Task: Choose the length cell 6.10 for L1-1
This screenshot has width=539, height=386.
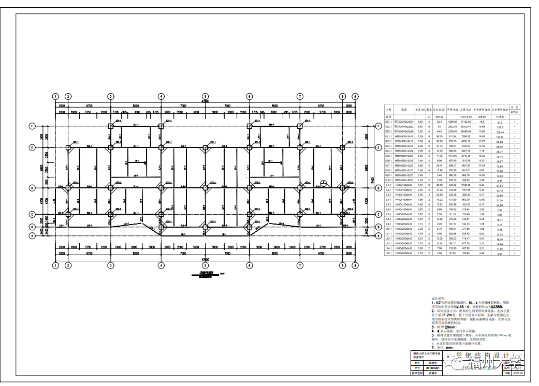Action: point(420,185)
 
